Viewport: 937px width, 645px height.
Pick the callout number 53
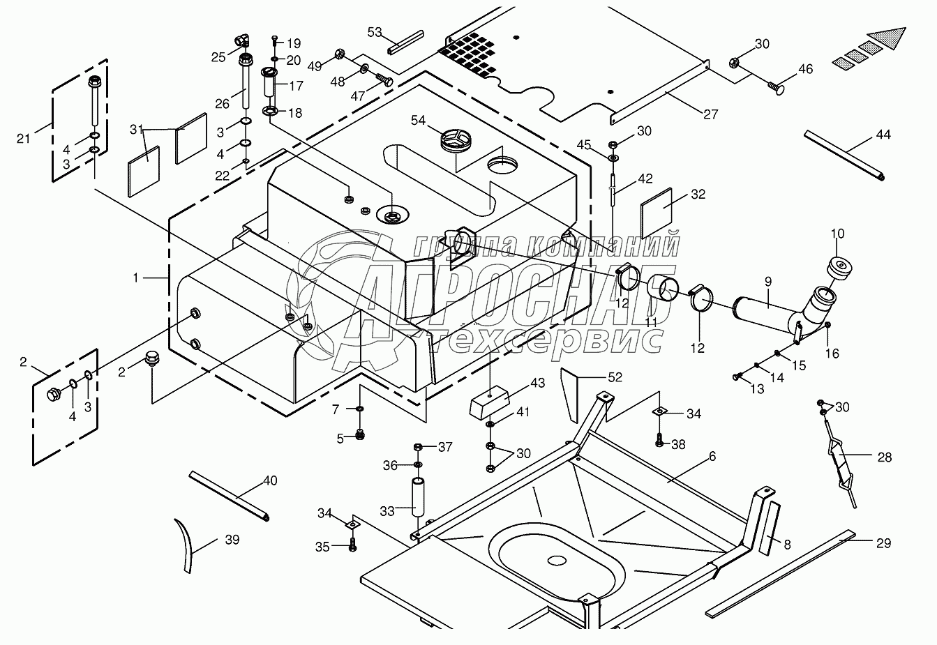[x=375, y=32]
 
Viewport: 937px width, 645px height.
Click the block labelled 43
[x=491, y=403]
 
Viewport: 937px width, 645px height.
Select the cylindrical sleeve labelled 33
[x=417, y=496]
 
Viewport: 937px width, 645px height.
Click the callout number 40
[x=269, y=481]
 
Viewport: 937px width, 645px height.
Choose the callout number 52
[x=614, y=377]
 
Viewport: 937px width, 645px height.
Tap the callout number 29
[x=883, y=543]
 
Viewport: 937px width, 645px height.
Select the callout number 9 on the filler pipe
[x=767, y=282]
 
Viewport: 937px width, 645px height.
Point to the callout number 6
[x=712, y=457]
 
